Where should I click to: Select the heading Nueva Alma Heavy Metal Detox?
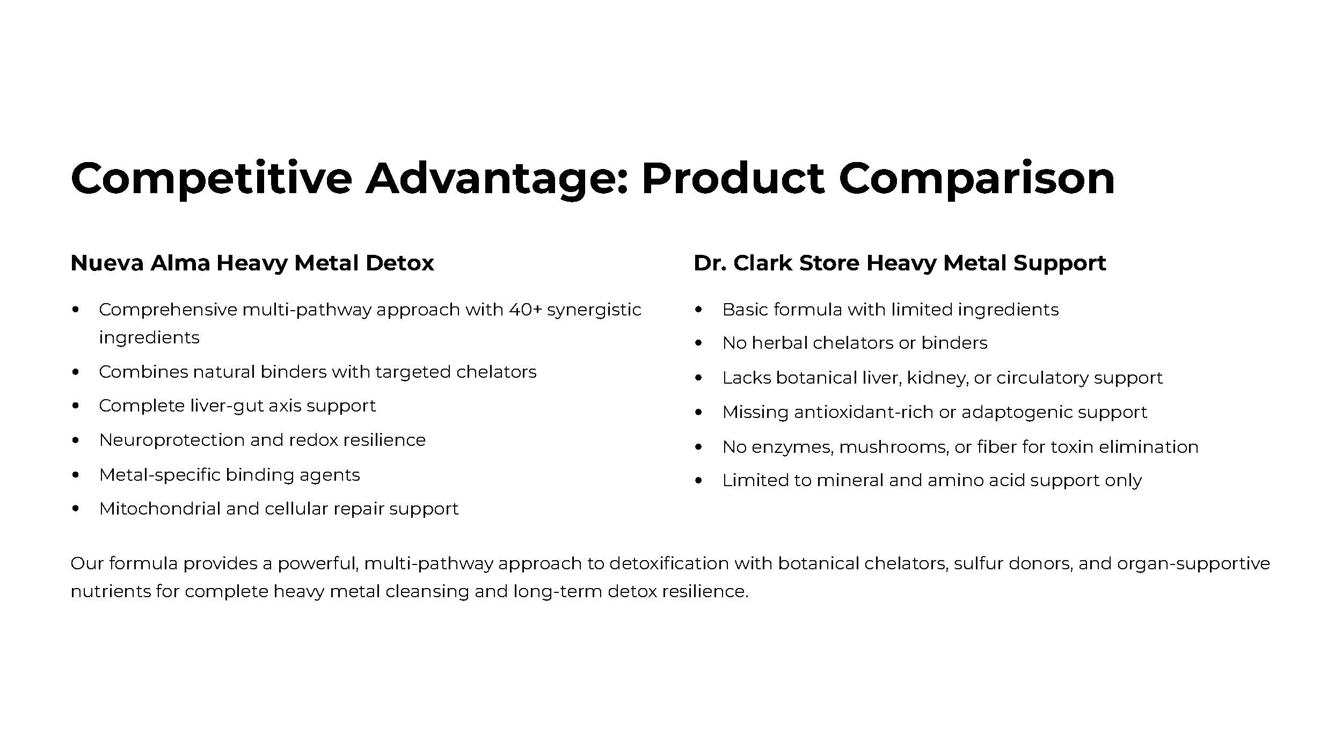tap(252, 263)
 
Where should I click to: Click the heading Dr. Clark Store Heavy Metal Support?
tap(900, 263)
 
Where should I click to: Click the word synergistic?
tap(594, 311)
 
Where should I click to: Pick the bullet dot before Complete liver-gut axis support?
tap(76, 406)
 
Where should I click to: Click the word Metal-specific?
tap(159, 475)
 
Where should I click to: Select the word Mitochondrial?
tap(160, 509)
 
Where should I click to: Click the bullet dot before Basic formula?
tap(698, 310)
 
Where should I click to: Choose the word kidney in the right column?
tap(937, 378)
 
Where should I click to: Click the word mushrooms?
tap(894, 447)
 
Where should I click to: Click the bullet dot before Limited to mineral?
tap(698, 481)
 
